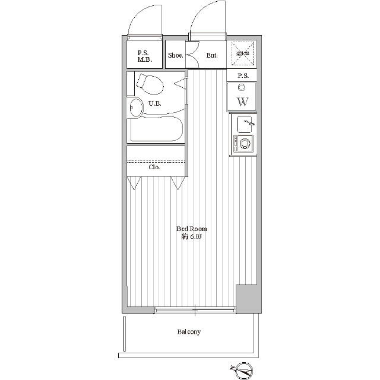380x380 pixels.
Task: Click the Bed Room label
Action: click(x=191, y=229)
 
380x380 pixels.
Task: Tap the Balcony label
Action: click(x=189, y=332)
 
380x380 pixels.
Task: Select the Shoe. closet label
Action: click(x=176, y=55)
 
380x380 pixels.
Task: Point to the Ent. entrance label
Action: click(x=212, y=55)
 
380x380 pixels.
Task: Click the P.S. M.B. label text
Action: click(x=145, y=56)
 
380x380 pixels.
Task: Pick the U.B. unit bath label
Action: click(x=154, y=103)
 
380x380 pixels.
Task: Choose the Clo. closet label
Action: click(x=154, y=167)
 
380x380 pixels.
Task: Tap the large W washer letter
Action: click(x=243, y=102)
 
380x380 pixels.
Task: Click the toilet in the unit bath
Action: click(x=150, y=84)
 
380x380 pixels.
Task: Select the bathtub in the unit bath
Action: click(x=156, y=129)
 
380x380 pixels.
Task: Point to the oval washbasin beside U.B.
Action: click(x=136, y=107)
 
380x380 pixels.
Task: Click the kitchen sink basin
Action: click(x=244, y=124)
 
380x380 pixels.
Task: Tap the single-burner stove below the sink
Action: click(x=243, y=144)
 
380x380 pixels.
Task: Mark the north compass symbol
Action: click(x=242, y=370)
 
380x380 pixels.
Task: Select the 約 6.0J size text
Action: click(x=191, y=237)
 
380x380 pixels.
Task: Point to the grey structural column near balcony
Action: click(x=248, y=299)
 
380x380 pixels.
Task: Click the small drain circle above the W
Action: click(x=242, y=87)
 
